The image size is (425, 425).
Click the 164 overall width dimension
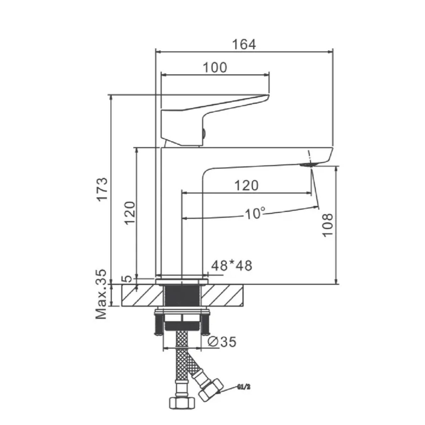[244, 45]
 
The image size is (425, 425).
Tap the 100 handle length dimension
[215, 68]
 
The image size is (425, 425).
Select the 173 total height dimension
[103, 189]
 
